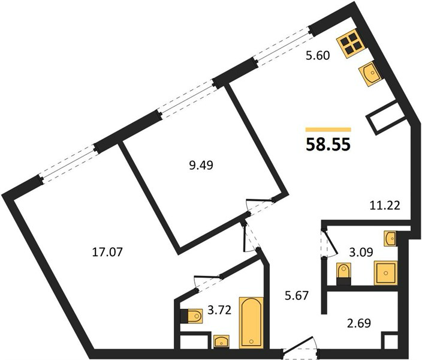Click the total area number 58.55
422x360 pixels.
click(x=328, y=145)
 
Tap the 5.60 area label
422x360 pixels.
click(x=318, y=56)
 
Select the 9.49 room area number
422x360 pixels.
click(x=201, y=166)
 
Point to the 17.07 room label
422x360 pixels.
click(x=107, y=252)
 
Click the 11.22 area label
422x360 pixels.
click(x=385, y=206)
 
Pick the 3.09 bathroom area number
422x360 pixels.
click(x=361, y=253)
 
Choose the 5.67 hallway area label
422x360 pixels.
click(x=296, y=296)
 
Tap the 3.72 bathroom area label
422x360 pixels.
click(x=219, y=310)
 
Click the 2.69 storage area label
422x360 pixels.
click(x=359, y=323)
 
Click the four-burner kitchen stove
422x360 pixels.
click(x=351, y=44)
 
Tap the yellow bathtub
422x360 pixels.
click(x=251, y=322)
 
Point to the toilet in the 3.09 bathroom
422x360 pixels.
click(x=344, y=274)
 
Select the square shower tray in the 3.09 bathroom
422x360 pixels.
click(x=385, y=272)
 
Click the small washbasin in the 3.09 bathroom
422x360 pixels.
click(x=390, y=238)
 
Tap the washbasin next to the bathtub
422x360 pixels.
click(x=221, y=341)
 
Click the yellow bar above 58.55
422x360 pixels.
click(x=328, y=130)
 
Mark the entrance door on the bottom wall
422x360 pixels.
click(x=300, y=349)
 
